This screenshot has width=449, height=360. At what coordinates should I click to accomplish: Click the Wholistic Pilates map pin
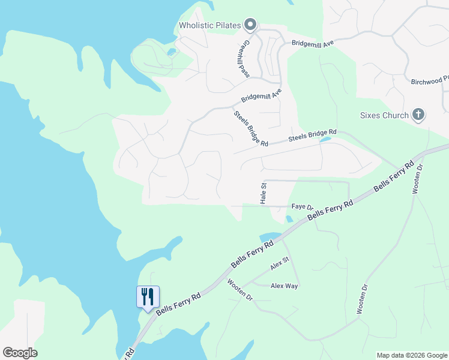pyautogui.click(x=251, y=25)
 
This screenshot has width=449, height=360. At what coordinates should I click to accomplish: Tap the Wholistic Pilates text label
pyautogui.click(x=209, y=25)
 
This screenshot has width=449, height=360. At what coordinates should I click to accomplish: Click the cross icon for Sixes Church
pyautogui.click(x=418, y=115)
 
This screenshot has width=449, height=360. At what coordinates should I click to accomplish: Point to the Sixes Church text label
pyautogui.click(x=384, y=115)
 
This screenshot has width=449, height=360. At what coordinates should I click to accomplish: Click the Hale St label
pyautogui.click(x=263, y=194)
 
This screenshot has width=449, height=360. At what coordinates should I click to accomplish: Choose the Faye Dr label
pyautogui.click(x=303, y=207)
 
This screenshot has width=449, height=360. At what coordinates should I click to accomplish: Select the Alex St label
pyautogui.click(x=280, y=263)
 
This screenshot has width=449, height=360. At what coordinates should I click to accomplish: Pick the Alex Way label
pyautogui.click(x=284, y=286)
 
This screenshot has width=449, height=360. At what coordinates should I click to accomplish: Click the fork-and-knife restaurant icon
pyautogui.click(x=148, y=296)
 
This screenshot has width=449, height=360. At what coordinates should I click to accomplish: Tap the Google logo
pyautogui.click(x=20, y=353)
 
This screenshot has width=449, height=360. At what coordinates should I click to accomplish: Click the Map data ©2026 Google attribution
pyautogui.click(x=412, y=355)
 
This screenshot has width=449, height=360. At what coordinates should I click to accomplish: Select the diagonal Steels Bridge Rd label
pyautogui.click(x=250, y=127)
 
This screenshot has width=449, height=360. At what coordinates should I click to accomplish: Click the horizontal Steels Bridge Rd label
pyautogui.click(x=312, y=136)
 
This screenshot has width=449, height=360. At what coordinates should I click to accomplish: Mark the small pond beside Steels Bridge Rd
pyautogui.click(x=325, y=140)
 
